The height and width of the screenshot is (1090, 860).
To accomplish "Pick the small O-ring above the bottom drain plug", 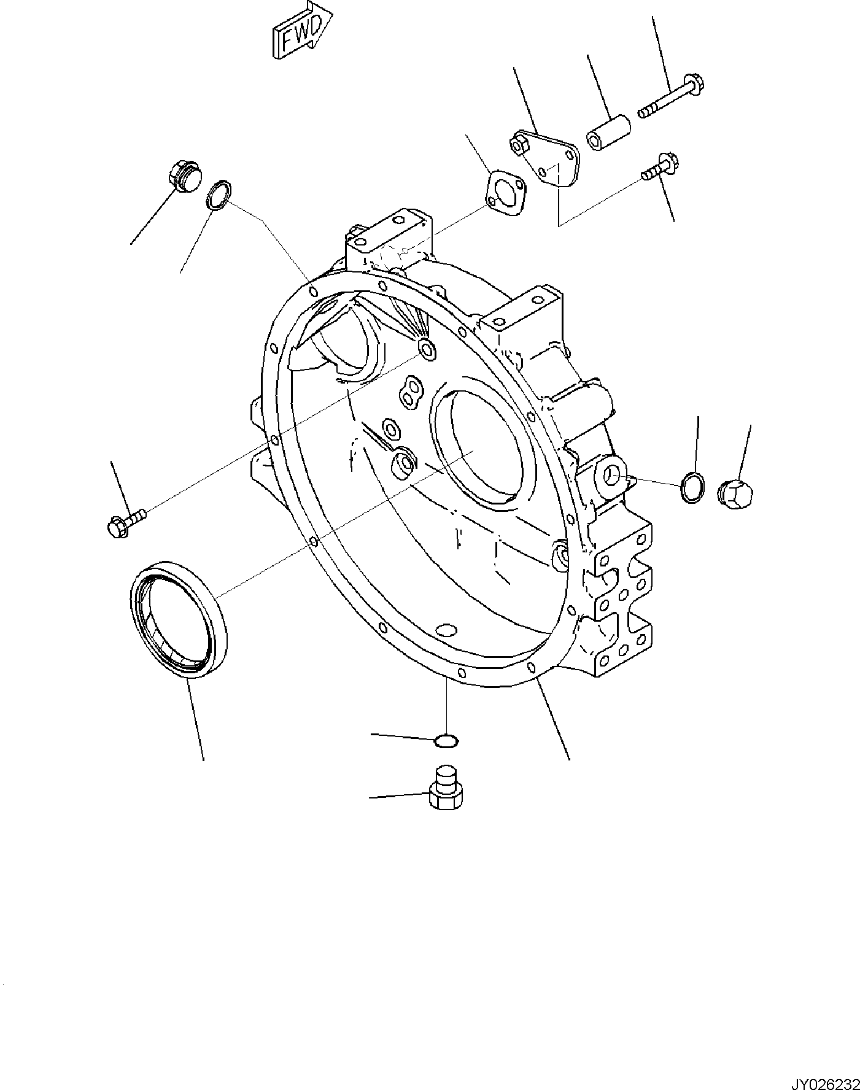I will click(446, 741).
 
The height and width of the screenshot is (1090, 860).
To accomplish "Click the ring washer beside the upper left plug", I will click(219, 195).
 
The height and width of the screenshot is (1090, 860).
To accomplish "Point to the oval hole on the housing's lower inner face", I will click(446, 632).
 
